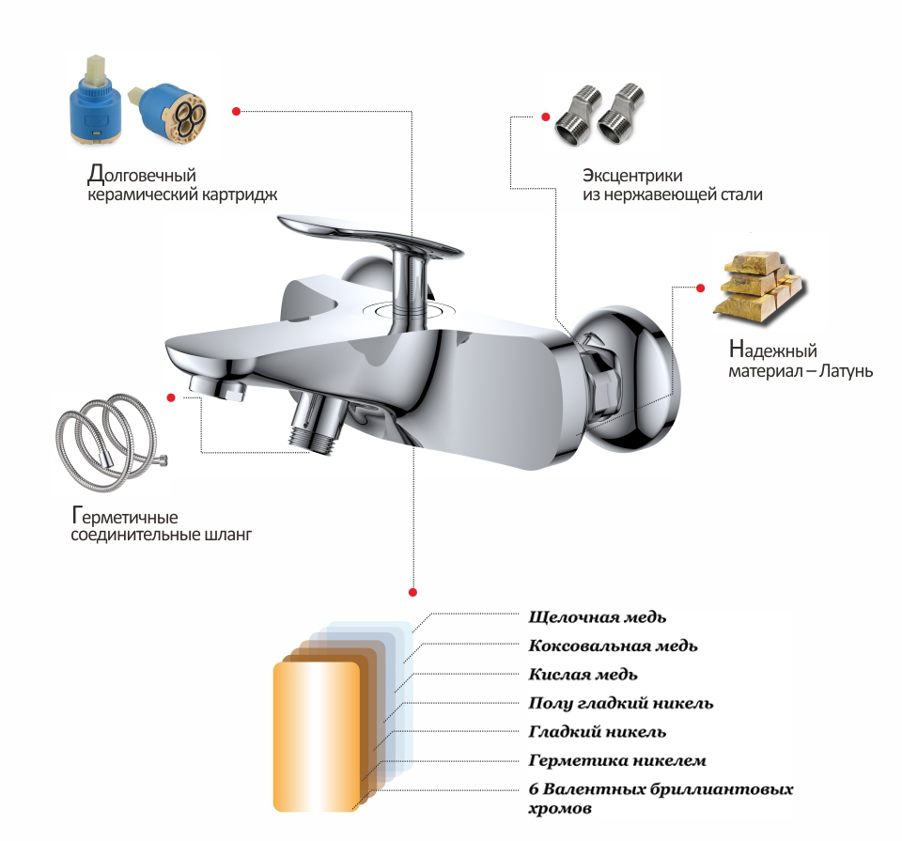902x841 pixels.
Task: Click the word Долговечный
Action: [142, 173]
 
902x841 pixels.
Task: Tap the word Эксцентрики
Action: [632, 175]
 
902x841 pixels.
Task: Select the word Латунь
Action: [846, 370]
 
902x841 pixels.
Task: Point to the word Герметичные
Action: [125, 515]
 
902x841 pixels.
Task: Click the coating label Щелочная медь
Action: [598, 617]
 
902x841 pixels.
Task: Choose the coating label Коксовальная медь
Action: [613, 646]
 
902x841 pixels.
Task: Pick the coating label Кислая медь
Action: [583, 674]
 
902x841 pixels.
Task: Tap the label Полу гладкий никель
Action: [621, 703]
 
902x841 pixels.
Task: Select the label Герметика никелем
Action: [617, 760]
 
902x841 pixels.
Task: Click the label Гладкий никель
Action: [598, 732]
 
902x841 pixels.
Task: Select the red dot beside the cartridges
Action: [236, 111]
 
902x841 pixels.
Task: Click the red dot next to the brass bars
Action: [700, 288]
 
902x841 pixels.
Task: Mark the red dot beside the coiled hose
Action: [171, 397]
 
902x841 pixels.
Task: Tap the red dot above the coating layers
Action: [412, 592]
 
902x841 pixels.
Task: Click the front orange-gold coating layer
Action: [317, 737]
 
